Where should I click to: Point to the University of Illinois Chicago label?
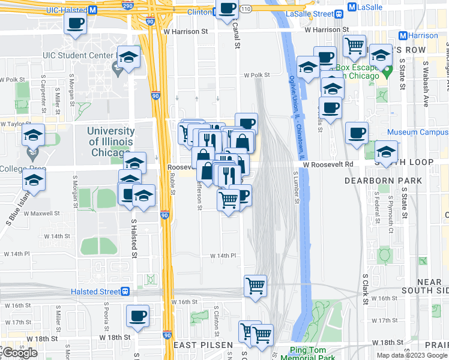[111, 142]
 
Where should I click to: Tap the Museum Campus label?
[418, 132]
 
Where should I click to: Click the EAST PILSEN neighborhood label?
[198, 346]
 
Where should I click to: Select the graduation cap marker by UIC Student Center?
[128, 56]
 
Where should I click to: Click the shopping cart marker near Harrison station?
[354, 44]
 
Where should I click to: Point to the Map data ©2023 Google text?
[411, 355]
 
